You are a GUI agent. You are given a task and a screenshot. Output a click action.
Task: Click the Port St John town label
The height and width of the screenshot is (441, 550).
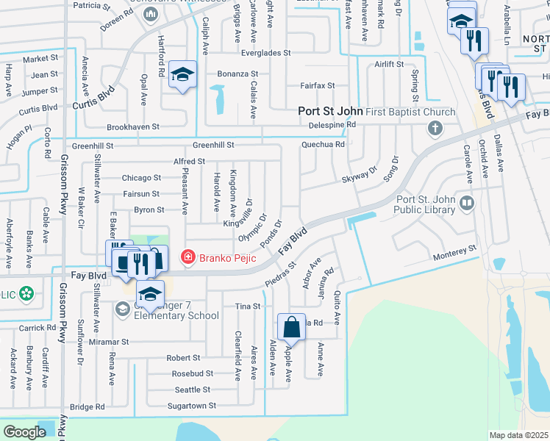(330, 112)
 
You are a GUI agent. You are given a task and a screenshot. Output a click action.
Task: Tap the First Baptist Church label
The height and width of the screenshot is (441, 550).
(411, 112)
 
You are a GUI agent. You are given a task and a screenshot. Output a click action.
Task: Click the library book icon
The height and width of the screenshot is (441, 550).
(465, 202)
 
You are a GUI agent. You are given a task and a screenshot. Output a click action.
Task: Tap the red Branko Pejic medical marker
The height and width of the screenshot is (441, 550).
(188, 256)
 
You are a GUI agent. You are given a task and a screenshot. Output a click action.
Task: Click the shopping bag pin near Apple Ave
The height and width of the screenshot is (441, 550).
(291, 326)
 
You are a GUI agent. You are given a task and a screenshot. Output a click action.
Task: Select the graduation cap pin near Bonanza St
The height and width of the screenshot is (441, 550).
(182, 73)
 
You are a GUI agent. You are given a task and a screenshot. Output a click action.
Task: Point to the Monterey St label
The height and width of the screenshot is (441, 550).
(455, 252)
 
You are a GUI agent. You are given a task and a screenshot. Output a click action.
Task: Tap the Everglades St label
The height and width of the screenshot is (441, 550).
(266, 54)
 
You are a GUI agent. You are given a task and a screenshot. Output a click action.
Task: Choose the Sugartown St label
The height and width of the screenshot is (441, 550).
(190, 406)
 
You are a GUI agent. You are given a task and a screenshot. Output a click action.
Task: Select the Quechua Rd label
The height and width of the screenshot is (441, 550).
(323, 145)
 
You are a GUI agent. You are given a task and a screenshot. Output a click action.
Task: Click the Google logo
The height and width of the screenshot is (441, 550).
(24, 432)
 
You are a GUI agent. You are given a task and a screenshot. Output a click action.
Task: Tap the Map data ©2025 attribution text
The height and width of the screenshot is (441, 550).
(518, 435)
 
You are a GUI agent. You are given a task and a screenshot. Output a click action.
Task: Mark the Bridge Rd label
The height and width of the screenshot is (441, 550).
(87, 406)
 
